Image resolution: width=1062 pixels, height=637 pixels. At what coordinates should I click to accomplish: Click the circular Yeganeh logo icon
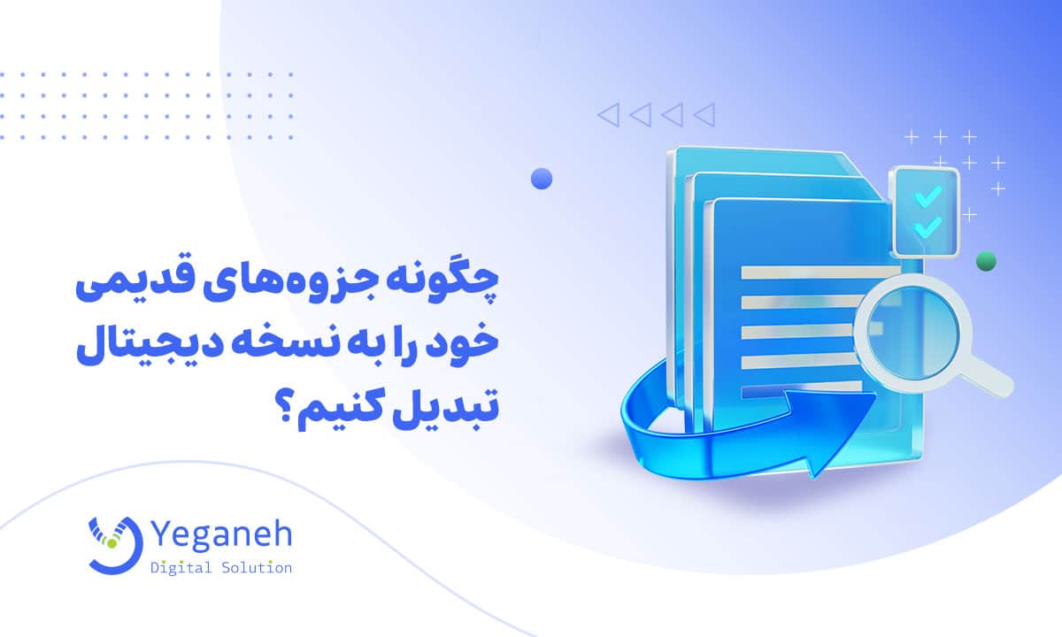tap(114, 541)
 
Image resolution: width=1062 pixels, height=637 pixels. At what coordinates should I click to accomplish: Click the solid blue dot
tap(542, 179)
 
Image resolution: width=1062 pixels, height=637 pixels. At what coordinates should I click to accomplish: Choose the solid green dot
tap(986, 261)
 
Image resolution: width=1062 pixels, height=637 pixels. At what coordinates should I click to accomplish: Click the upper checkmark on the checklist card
tap(927, 195)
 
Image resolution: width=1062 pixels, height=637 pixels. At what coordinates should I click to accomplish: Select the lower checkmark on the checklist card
tap(927, 226)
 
